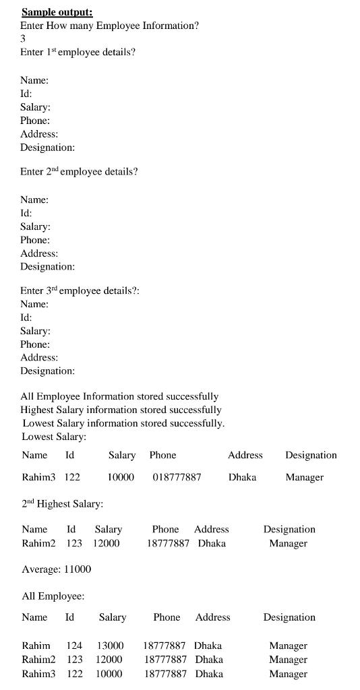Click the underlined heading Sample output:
tap(57, 12)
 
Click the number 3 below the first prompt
tap(23, 39)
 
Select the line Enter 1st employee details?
tap(78, 52)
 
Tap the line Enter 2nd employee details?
tap(79, 172)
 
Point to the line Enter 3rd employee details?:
tap(80, 290)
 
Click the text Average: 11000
tap(56, 569)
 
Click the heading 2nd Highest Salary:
tap(62, 503)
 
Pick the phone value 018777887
tap(177, 477)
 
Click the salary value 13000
tap(110, 646)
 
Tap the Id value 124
tap(74, 646)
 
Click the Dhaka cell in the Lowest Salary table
tap(242, 477)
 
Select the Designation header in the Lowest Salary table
tap(311, 455)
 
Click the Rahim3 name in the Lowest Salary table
tap(38, 477)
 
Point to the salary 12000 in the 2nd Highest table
tap(106, 543)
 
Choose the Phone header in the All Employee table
tap(167, 617)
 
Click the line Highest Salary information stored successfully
tap(121, 410)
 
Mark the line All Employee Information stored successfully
tap(119, 396)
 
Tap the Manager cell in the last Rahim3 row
tap(288, 674)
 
